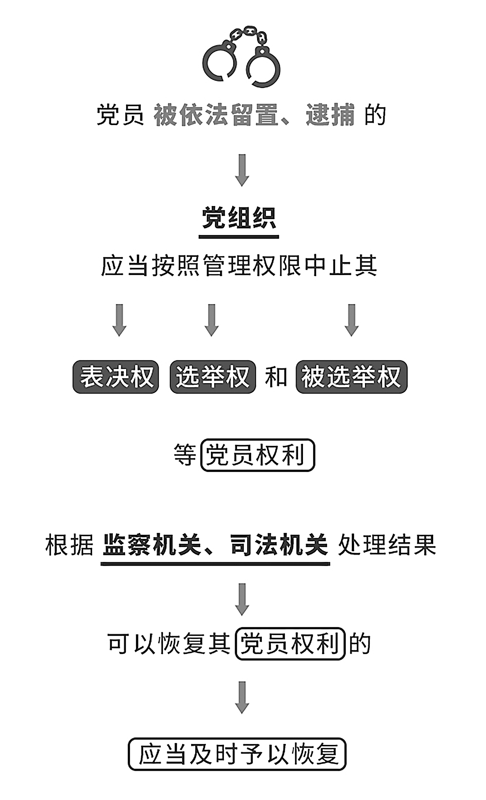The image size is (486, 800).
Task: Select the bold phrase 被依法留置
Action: pyautogui.click(x=216, y=115)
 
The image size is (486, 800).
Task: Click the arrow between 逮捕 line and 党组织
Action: pyautogui.click(x=242, y=170)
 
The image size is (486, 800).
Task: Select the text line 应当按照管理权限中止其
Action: pyautogui.click(x=239, y=266)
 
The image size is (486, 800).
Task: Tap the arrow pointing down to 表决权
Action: pyautogui.click(x=119, y=320)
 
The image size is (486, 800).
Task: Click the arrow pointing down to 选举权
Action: pyautogui.click(x=212, y=320)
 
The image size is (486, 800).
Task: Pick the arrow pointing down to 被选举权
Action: pyautogui.click(x=351, y=320)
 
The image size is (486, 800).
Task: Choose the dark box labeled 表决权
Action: pyautogui.click(x=116, y=377)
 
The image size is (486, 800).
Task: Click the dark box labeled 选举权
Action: pyautogui.click(x=213, y=377)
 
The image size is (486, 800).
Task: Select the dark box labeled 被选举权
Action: pyautogui.click(x=352, y=377)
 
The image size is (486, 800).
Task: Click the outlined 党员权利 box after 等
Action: pyautogui.click(x=258, y=455)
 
